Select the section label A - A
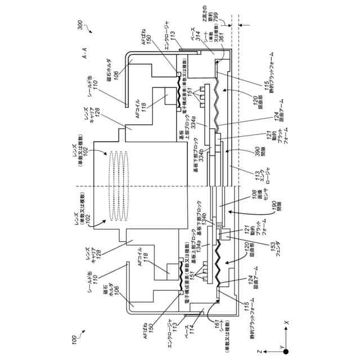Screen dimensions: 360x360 point(84,57)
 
